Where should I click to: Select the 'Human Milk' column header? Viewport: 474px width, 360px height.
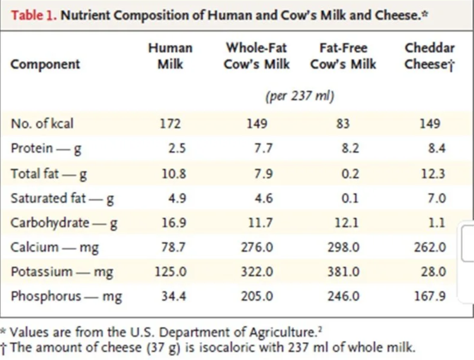(x=170, y=56)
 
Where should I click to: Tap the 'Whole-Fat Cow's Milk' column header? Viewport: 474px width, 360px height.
(x=257, y=56)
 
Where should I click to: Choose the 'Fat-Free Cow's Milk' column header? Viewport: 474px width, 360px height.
(x=343, y=56)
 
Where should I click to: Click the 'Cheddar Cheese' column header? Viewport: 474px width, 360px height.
(x=429, y=56)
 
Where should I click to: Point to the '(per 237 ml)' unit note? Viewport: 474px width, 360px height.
(x=299, y=96)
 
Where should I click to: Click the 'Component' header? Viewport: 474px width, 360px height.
(x=45, y=64)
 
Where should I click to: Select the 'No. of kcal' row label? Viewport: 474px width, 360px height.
(x=42, y=124)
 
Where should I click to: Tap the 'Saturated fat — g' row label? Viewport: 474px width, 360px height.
(x=63, y=198)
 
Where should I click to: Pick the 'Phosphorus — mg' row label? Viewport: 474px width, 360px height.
(x=66, y=296)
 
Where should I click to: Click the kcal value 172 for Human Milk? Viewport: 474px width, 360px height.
(x=170, y=125)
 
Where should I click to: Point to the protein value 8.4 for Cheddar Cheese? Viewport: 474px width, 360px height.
(x=436, y=149)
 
